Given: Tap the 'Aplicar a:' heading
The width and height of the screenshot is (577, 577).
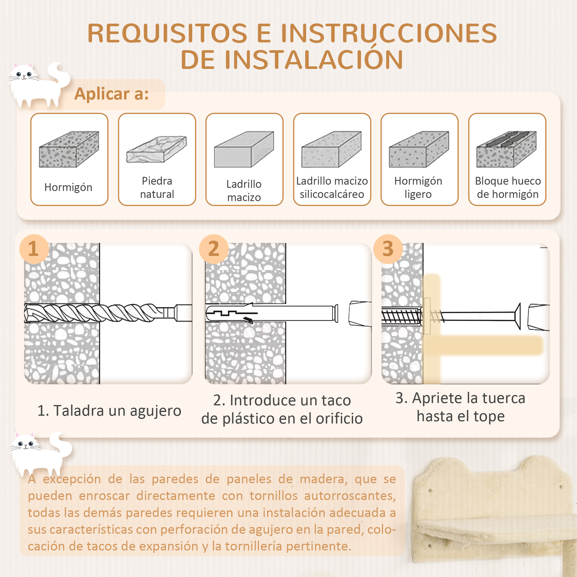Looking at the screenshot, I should coord(111,94).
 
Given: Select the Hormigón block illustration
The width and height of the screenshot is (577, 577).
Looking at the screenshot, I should coord(69,149).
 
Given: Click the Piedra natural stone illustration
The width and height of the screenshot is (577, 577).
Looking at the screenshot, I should coord(156,149).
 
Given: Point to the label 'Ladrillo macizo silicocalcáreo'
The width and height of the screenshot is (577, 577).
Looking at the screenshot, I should coord(332,188).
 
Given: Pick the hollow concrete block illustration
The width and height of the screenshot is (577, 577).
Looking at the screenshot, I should coord(507,149).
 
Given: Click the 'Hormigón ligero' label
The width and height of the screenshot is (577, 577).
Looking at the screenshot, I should coord(418,188).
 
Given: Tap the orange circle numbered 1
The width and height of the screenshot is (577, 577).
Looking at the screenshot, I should coord(34,249).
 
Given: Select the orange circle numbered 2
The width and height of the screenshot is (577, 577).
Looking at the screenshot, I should coord(213,249).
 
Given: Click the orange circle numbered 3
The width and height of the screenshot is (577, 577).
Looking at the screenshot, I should coord(388,249).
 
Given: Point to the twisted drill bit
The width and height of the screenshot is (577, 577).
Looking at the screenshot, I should coord(99,313).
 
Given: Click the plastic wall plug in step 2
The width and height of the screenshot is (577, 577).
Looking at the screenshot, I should coord(269,313).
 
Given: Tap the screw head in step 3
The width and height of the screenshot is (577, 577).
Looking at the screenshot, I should coord(518,316).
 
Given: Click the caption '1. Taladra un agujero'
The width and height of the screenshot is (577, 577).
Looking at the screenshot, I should coord(109,411).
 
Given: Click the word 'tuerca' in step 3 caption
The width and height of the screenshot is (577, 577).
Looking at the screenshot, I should coord(503,398).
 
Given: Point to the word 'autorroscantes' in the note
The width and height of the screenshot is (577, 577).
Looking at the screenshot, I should coord(350,496).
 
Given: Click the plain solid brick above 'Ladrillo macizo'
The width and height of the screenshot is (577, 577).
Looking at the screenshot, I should coord(244,149).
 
